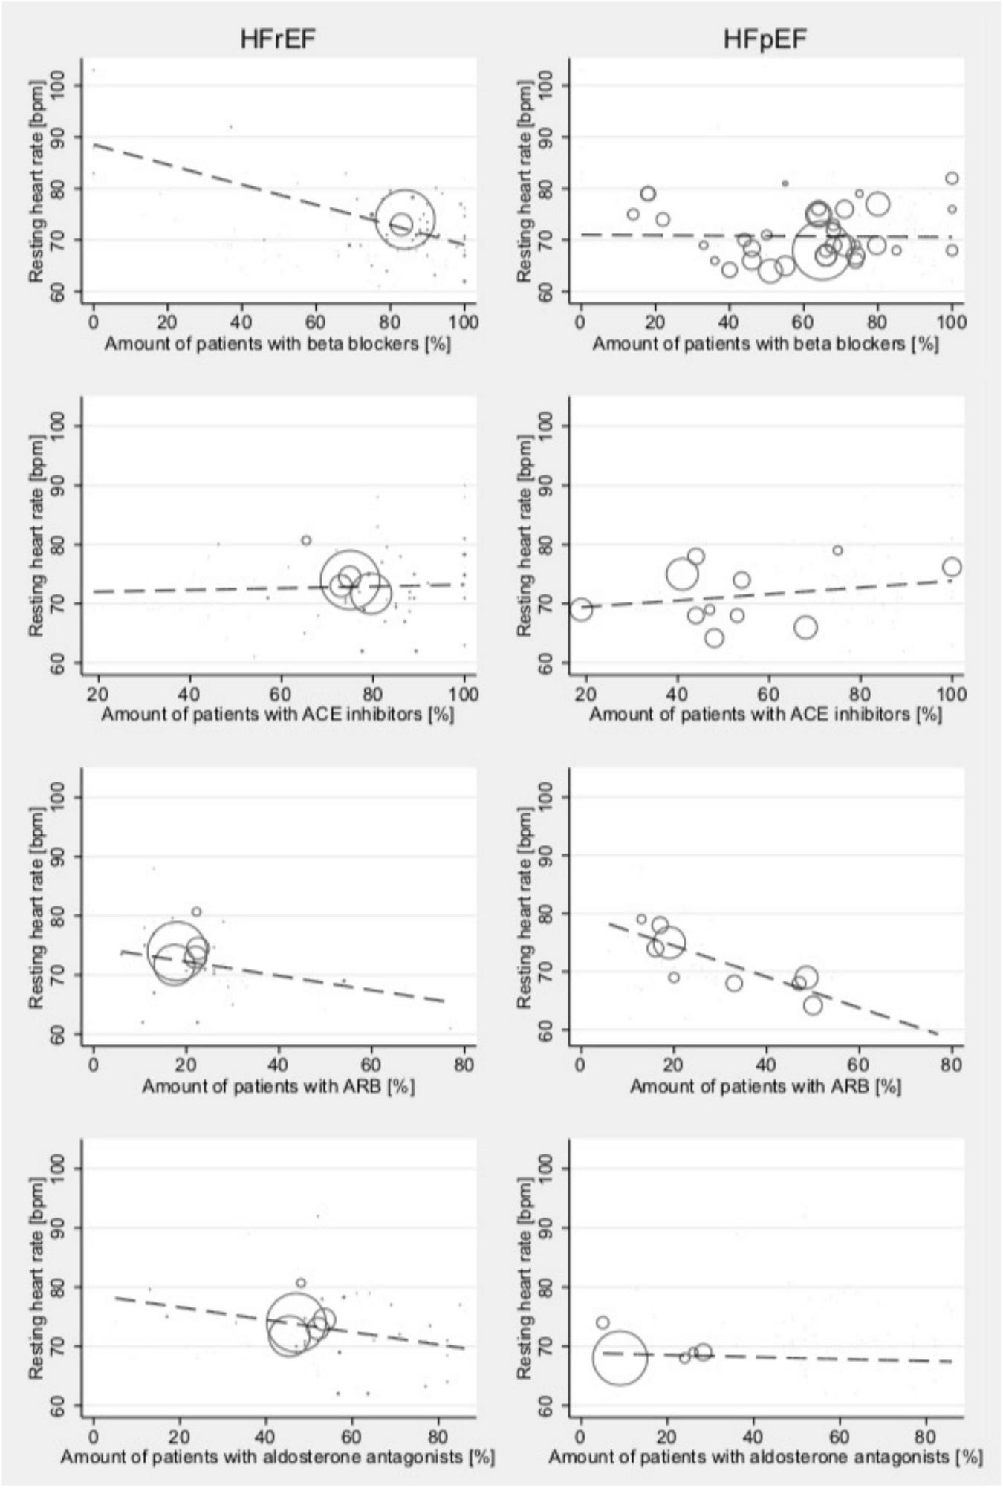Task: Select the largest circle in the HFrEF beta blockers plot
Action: [405, 220]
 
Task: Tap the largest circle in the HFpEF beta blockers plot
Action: [821, 251]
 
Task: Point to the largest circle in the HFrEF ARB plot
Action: [177, 951]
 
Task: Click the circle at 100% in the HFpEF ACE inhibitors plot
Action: [952, 567]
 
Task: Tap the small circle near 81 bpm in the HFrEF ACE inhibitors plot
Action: [306, 540]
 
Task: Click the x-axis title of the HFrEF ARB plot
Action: [279, 1086]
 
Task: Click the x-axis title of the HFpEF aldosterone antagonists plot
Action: [765, 1457]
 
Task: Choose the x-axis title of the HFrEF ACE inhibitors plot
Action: [279, 714]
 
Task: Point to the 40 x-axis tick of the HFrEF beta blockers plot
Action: [241, 322]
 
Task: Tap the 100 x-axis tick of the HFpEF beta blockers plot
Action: [952, 322]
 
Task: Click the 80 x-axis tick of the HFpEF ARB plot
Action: [952, 1065]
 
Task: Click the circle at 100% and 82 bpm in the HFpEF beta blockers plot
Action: [952, 178]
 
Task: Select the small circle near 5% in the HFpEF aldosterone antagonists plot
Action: [603, 1322]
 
